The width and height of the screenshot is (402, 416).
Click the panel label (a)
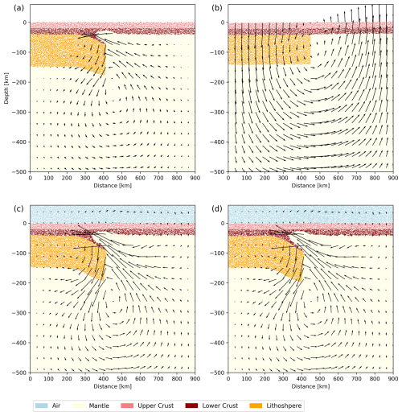click(x=18, y=8)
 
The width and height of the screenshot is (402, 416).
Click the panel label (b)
click(x=217, y=8)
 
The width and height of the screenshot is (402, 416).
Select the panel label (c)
click(x=18, y=208)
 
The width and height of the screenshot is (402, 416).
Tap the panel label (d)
click(x=217, y=208)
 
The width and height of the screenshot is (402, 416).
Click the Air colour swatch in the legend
click(x=42, y=406)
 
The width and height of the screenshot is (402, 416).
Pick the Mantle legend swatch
click(x=78, y=406)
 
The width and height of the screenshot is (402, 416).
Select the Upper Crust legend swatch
click(x=127, y=406)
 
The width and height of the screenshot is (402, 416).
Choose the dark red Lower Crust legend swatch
click(x=191, y=406)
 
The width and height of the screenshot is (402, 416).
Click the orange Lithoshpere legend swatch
click(x=256, y=406)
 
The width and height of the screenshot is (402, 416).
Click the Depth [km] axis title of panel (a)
click(x=6, y=89)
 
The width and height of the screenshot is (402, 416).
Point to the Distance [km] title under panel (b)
click(x=310, y=185)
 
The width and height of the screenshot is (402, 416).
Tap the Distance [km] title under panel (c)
click(x=113, y=386)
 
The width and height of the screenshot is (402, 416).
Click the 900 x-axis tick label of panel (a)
click(x=195, y=178)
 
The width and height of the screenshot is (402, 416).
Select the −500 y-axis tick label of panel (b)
click(x=218, y=171)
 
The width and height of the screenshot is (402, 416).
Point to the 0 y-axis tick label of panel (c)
click(x=25, y=223)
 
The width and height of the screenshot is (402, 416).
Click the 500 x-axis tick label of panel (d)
click(x=320, y=379)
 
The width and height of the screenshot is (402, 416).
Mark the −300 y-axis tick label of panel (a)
click(x=20, y=112)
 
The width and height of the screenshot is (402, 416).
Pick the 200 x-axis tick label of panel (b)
click(x=265, y=178)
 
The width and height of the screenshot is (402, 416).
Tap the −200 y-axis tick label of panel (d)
click(x=218, y=283)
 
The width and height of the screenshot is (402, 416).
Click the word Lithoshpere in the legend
click(x=284, y=406)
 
